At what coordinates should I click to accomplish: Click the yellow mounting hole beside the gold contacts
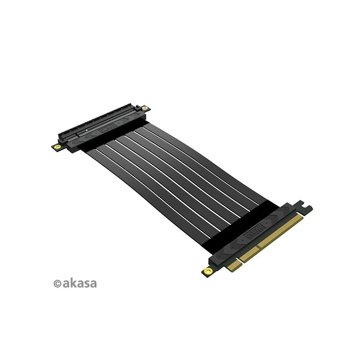pos(208,271)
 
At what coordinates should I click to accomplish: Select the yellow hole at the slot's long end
pos(145,108)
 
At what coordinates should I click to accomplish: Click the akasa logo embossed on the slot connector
pos(107,128)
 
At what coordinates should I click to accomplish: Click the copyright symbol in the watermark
pos(57,283)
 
